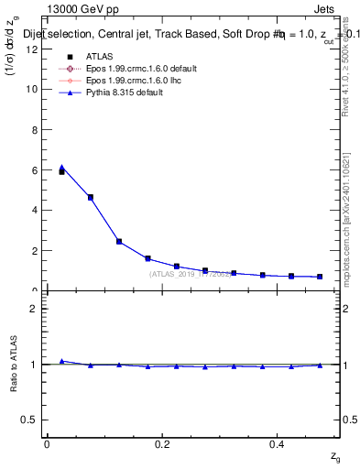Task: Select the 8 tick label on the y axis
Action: tap(35, 129)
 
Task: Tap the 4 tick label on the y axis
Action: tap(35, 210)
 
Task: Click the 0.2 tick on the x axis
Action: tap(162, 443)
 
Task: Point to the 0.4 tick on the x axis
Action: tap(278, 443)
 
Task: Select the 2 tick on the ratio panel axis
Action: tap(35, 309)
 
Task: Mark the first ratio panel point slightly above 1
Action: tap(62, 361)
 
